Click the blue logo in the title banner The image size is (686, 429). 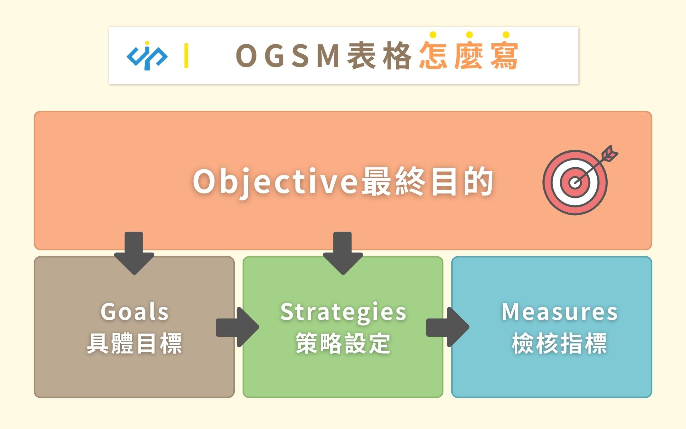147,56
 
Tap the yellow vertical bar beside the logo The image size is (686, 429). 186,55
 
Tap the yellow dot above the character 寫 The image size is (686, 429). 506,35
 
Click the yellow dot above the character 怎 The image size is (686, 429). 433,35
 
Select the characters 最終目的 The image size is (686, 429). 427,182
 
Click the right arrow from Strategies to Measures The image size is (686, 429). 448,327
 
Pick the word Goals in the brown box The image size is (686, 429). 134,312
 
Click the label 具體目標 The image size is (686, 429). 134,343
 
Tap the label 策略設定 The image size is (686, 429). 343,343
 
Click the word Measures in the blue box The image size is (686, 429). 560,312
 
